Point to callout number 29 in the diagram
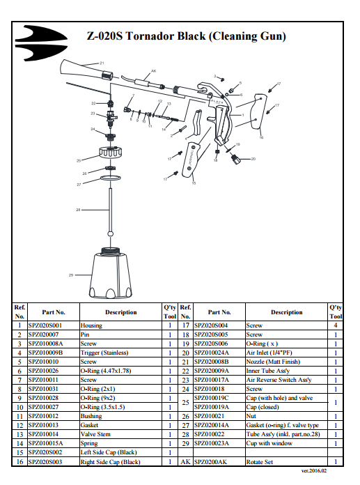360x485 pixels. [71, 275]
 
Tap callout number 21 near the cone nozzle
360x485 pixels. [102, 63]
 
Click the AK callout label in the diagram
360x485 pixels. [154, 71]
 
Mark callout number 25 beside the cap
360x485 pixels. [79, 160]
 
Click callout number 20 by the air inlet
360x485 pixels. [253, 159]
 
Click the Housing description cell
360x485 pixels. [92, 325]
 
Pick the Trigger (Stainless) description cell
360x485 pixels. [104, 353]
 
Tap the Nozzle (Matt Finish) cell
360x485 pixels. [274, 362]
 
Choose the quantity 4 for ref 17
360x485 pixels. [335, 325]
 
